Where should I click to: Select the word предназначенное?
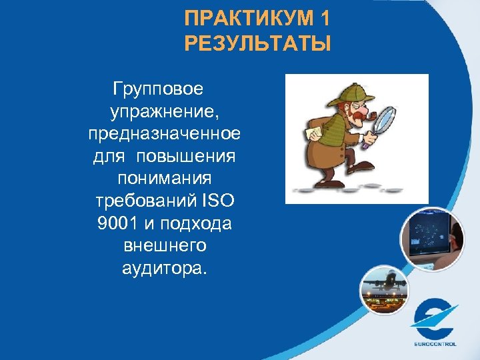click(165, 134)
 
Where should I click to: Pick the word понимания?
click(165, 179)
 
